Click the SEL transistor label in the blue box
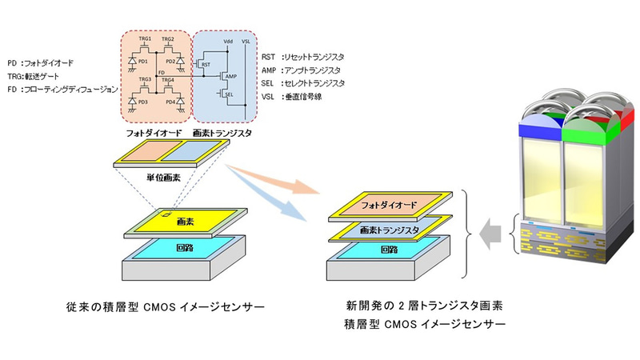[x=230, y=94]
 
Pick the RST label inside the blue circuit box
[x=206, y=63]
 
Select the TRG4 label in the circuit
[x=168, y=80]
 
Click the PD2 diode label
[x=168, y=61]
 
